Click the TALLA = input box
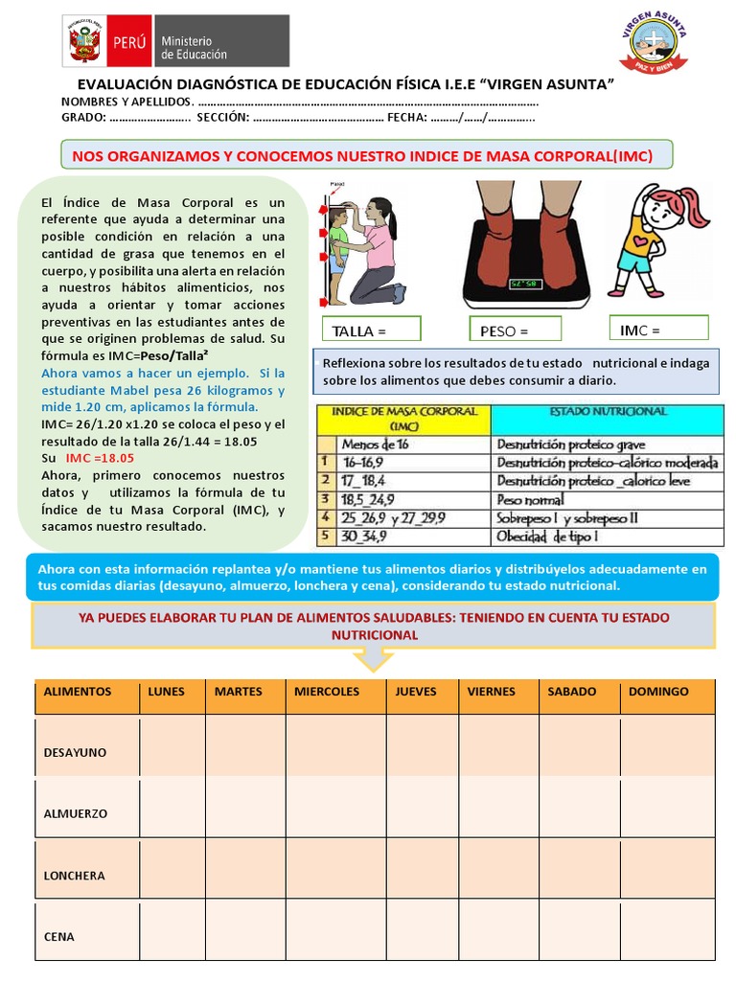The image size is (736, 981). click(x=371, y=330)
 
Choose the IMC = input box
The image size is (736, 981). click(x=658, y=329)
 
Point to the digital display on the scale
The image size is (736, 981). click(x=524, y=284)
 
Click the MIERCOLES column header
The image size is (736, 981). click(x=327, y=692)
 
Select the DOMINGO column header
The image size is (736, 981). click(x=658, y=692)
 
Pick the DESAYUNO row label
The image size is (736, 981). click(x=75, y=753)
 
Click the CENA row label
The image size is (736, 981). click(x=58, y=937)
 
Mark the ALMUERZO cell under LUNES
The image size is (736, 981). click(x=172, y=809)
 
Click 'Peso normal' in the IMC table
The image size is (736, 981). click(x=530, y=499)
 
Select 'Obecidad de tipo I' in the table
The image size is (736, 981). click(x=547, y=536)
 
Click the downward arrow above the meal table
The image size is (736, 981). click(x=373, y=659)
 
